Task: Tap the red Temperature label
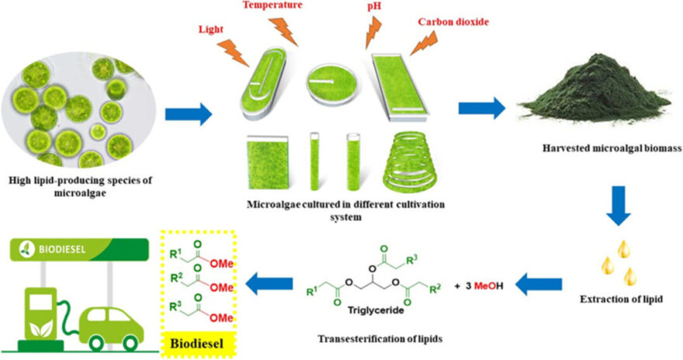pyautogui.click(x=273, y=6)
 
